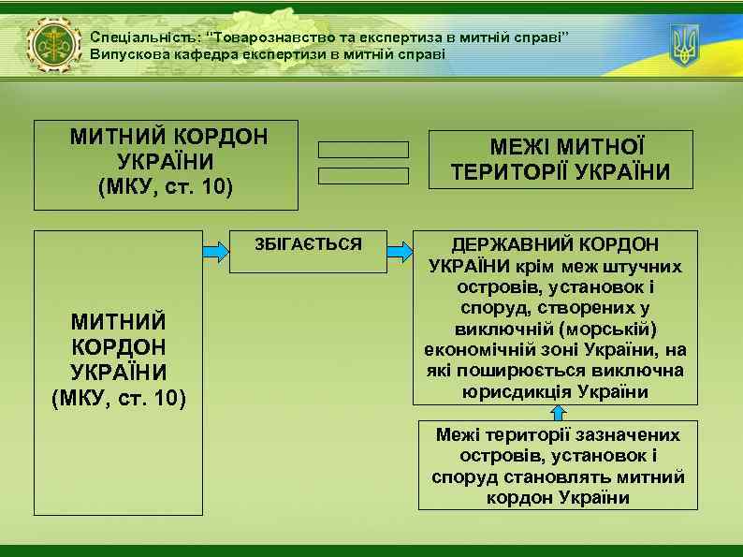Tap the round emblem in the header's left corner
tap(54, 46)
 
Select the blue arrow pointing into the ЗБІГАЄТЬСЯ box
tap(216, 252)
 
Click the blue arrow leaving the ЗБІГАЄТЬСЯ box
tap(401, 252)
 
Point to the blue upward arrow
tap(559, 414)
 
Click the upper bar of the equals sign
tap(363, 150)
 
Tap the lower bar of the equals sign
tap(363, 175)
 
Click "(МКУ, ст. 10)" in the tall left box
tap(119, 402)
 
